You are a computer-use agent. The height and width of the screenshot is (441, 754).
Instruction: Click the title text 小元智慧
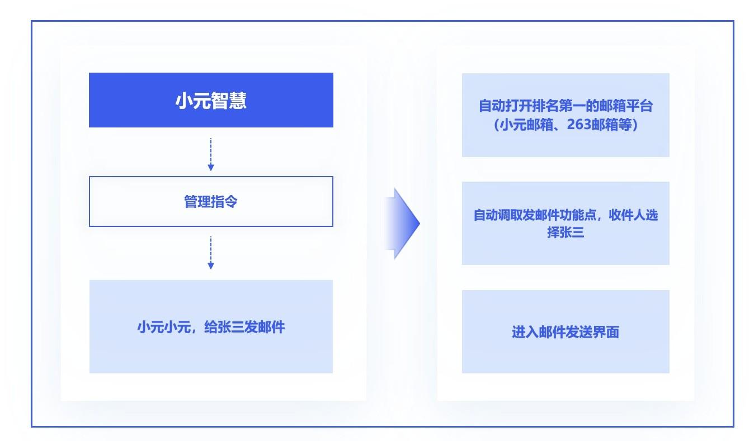211,101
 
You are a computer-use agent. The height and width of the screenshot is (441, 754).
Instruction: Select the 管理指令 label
211,201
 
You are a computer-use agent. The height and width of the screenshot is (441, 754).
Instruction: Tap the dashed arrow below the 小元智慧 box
211,154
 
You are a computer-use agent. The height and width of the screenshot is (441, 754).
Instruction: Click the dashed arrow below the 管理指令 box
211,253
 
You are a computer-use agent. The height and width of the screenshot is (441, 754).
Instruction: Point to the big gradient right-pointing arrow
403,224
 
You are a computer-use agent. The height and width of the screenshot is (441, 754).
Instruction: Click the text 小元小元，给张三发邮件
211,327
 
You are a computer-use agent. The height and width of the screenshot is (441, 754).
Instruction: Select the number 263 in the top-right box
579,125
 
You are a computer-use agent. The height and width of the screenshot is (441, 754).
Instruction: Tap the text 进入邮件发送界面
565,332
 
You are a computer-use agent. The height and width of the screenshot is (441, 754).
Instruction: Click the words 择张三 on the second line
565,232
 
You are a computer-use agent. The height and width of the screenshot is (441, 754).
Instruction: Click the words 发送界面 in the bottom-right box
592,332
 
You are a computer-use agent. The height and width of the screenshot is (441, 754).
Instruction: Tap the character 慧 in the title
238,101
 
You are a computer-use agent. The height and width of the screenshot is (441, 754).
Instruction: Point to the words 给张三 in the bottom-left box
224,327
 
